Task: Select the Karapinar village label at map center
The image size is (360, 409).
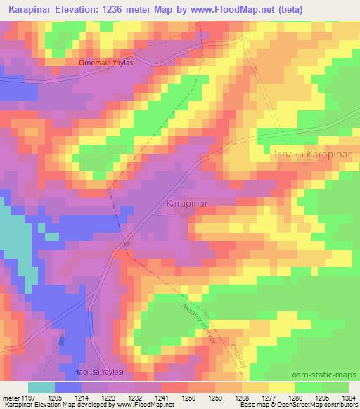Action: [189, 202]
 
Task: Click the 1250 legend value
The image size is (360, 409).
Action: [188, 398]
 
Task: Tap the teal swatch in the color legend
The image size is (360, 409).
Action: [41, 387]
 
